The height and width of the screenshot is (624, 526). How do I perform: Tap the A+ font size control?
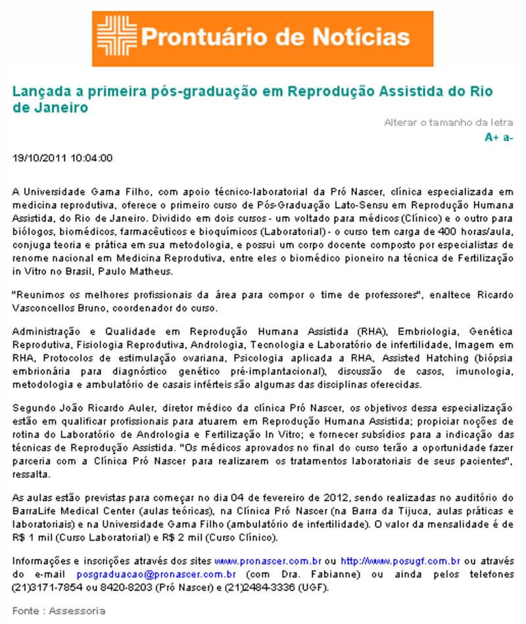coord(491,137)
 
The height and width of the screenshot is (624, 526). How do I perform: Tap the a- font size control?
coord(508,137)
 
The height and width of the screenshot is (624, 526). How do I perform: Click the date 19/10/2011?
coord(40,158)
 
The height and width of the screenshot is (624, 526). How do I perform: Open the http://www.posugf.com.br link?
coord(400,561)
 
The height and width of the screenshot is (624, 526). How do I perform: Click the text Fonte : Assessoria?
coord(59,611)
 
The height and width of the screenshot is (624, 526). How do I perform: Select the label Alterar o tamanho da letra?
coord(448,122)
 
